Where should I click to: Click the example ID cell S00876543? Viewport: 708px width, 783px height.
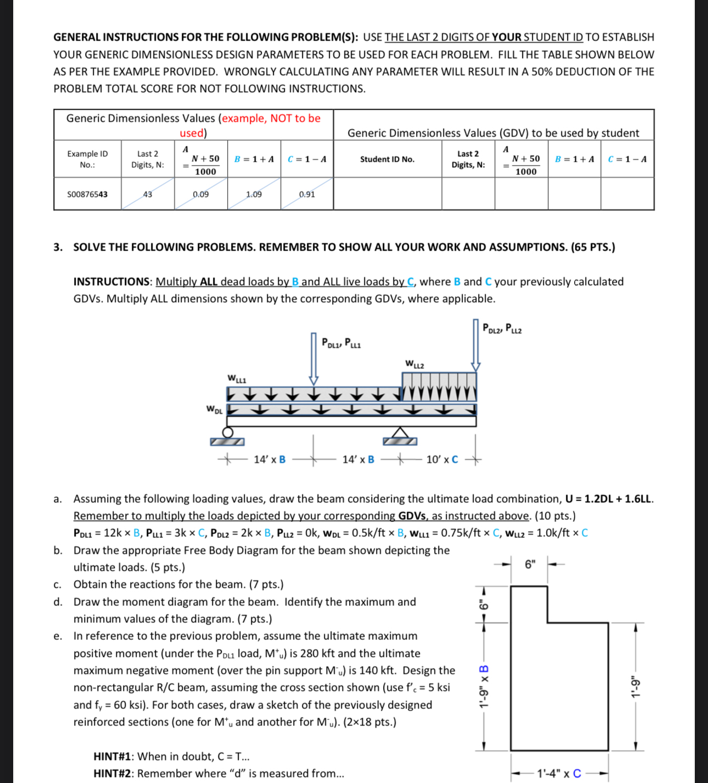pyautogui.click(x=87, y=194)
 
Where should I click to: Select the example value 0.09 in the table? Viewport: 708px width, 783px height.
pyautogui.click(x=201, y=194)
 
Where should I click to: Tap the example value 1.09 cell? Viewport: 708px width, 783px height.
pyautogui.click(x=254, y=194)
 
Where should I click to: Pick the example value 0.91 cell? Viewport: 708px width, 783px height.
pyautogui.click(x=307, y=194)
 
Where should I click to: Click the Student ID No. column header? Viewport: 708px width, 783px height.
pyautogui.click(x=387, y=159)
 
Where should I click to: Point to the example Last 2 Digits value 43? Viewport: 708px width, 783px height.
pyautogui.click(x=148, y=194)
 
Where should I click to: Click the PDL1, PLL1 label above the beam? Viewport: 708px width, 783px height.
pyautogui.click(x=341, y=344)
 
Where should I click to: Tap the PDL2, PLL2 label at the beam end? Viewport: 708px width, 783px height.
pyautogui.click(x=502, y=328)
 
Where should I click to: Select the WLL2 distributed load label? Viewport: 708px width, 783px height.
pyautogui.click(x=414, y=364)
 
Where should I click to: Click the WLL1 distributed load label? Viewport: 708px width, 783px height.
pyautogui.click(x=237, y=379)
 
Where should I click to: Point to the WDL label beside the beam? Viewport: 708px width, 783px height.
pyautogui.click(x=214, y=410)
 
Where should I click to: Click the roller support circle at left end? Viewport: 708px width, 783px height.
pyautogui.click(x=227, y=432)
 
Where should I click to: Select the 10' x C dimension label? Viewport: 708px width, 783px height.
pyautogui.click(x=442, y=459)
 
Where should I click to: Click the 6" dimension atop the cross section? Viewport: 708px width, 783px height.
pyautogui.click(x=530, y=564)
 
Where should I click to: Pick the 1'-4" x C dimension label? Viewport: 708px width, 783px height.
pyautogui.click(x=559, y=774)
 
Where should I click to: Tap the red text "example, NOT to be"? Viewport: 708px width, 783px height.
pyautogui.click(x=271, y=118)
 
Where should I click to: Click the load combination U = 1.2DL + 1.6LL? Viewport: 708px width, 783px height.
pyautogui.click(x=609, y=499)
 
